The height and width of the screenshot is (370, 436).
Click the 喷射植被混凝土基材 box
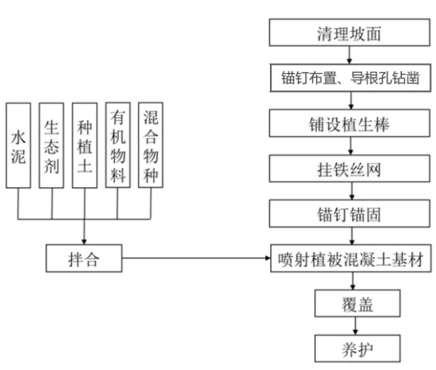[351, 258]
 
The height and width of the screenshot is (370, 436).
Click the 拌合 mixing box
[84, 258]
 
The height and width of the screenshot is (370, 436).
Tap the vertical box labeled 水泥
[19, 146]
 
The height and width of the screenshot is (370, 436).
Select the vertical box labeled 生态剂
[51, 146]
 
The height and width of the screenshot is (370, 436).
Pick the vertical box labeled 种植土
[84, 146]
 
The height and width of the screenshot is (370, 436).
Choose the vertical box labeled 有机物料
[118, 146]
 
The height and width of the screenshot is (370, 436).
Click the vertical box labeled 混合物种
[151, 146]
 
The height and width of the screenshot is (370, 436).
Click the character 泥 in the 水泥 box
[19, 157]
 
